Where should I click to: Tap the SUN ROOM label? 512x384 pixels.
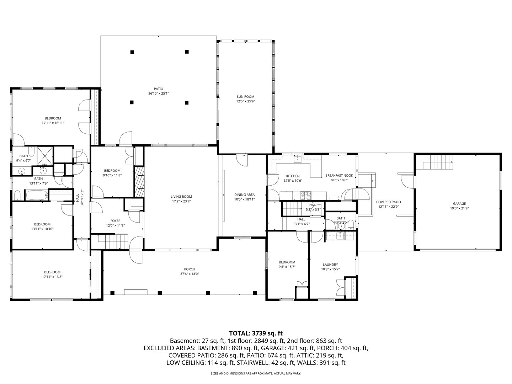(x=245, y=96)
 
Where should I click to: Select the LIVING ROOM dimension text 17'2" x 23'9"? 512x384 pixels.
(x=181, y=201)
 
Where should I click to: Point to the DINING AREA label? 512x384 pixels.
(x=244, y=194)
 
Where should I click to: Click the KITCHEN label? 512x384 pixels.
(x=293, y=176)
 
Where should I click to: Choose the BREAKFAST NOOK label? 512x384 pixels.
(x=339, y=175)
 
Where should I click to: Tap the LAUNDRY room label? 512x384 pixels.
(x=330, y=265)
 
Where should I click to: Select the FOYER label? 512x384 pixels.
(x=115, y=221)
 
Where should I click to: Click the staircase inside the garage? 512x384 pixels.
(x=438, y=165)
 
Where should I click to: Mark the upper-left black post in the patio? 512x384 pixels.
(x=132, y=52)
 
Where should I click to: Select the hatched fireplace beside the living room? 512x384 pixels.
(x=139, y=181)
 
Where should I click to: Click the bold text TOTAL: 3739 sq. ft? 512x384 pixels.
(x=256, y=333)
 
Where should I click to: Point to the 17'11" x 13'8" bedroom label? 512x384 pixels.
(x=52, y=272)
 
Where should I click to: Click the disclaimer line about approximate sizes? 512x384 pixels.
(x=256, y=374)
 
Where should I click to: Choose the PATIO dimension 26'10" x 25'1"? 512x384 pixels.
(x=158, y=94)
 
